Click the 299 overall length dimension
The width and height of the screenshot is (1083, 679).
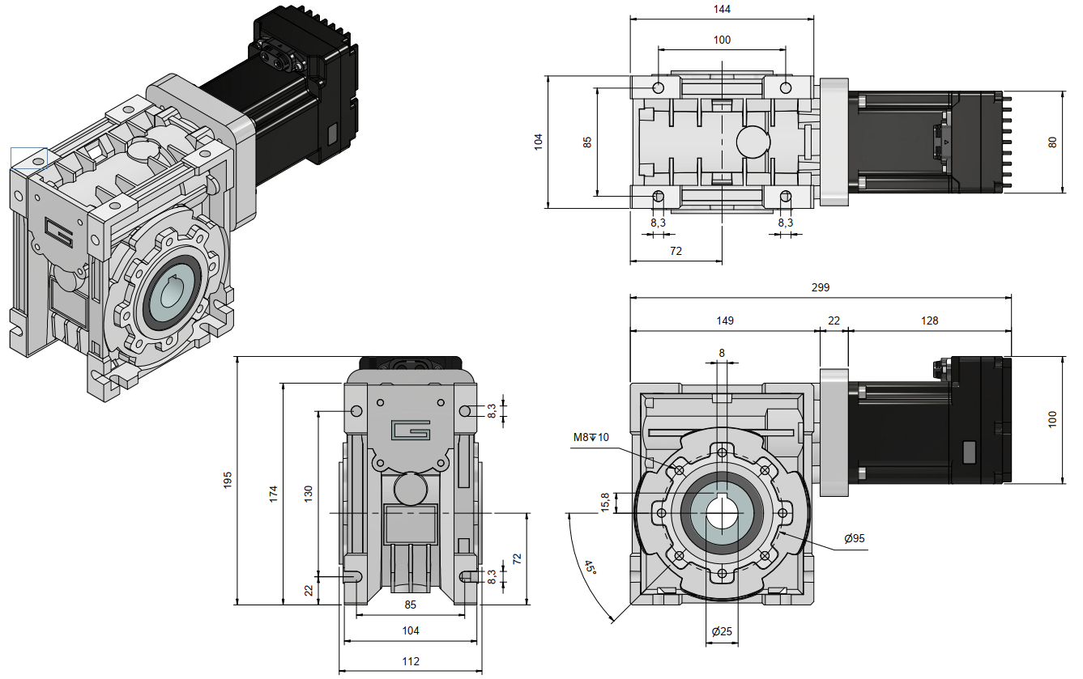pyautogui.click(x=821, y=287)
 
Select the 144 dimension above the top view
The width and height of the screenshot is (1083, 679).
pyautogui.click(x=722, y=9)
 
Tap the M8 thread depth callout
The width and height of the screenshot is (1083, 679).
pyautogui.click(x=591, y=438)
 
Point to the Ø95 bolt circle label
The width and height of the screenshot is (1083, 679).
pyautogui.click(x=854, y=539)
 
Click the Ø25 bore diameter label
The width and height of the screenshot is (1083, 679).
pyautogui.click(x=722, y=631)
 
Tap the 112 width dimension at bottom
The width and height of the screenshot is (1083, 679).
pyautogui.click(x=411, y=661)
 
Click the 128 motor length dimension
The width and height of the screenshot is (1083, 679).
pyautogui.click(x=929, y=320)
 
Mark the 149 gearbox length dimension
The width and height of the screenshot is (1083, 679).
pyautogui.click(x=724, y=320)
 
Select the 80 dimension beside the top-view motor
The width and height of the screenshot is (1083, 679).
pyautogui.click(x=1052, y=142)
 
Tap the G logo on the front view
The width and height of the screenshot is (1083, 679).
pyautogui.click(x=411, y=431)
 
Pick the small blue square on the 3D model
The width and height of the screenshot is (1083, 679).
pyautogui.click(x=28, y=159)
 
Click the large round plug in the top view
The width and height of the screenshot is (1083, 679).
pyautogui.click(x=753, y=142)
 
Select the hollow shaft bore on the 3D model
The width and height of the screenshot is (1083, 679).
pyautogui.click(x=173, y=292)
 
